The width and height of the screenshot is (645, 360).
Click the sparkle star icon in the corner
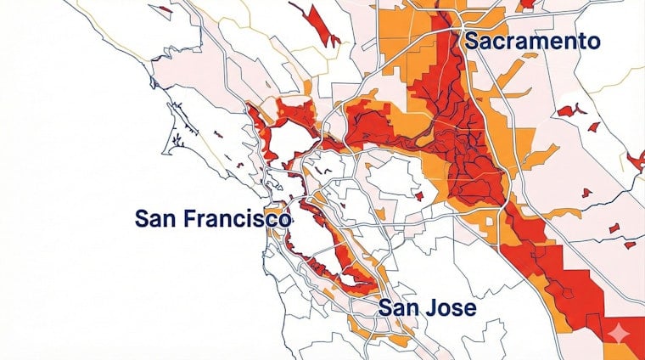[x=617, y=332]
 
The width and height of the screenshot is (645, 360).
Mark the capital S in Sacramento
[x=472, y=42]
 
